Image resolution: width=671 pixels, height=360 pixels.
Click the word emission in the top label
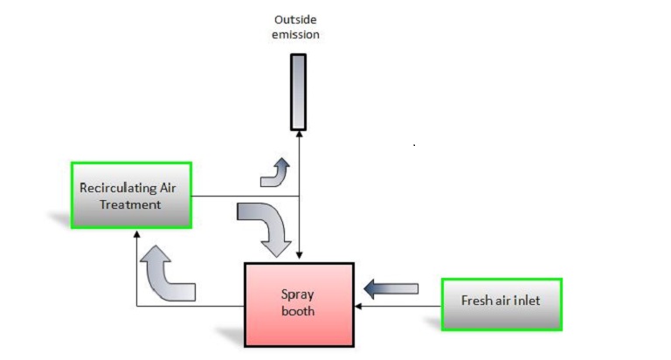click(298, 34)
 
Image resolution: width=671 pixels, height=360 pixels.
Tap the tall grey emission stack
click(298, 91)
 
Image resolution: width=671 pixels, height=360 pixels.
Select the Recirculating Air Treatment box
click(131, 195)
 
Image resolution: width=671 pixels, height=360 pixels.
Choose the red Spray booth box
click(298, 304)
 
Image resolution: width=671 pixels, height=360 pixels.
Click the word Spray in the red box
click(299, 295)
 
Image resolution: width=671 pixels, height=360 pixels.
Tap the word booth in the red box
click(299, 311)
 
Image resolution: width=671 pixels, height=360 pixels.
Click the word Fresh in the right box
click(475, 301)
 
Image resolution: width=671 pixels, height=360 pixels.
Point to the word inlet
click(528, 301)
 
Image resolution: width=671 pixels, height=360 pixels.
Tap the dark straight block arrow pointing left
click(391, 286)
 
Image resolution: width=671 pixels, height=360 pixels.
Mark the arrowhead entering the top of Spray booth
click(299, 256)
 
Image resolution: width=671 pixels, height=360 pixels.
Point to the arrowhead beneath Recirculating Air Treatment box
click(136, 234)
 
